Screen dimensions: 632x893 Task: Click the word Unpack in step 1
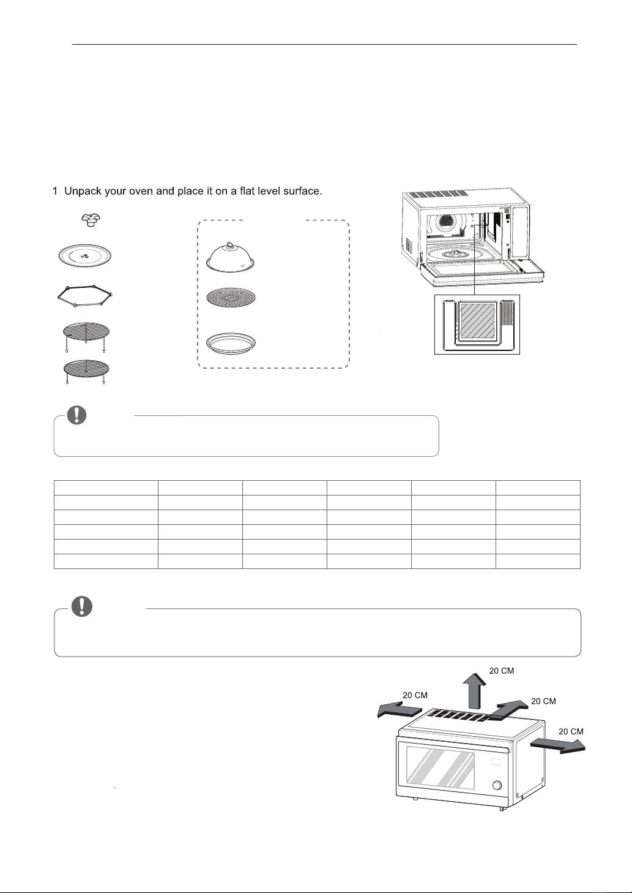(83, 192)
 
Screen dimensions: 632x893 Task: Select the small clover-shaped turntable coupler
(91, 220)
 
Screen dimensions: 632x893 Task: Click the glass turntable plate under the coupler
(85, 255)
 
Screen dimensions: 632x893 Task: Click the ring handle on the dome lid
(230, 244)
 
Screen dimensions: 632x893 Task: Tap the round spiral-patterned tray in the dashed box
(231, 298)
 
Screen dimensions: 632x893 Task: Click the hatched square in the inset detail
(478, 322)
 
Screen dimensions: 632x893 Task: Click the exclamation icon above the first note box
(76, 415)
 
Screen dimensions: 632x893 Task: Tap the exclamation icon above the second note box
(81, 607)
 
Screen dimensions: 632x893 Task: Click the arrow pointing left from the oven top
(400, 709)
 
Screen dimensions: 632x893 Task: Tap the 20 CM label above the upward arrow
(502, 671)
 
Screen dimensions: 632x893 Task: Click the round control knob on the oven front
(497, 785)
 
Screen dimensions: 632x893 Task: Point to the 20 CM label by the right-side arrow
(571, 731)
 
